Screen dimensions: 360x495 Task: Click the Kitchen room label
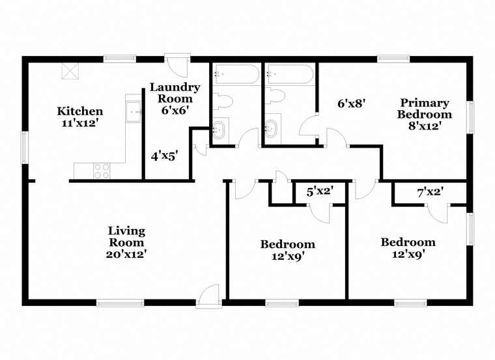coord(79,116)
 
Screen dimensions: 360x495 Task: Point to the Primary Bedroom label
coord(425,114)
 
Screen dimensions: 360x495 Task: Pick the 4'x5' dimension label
coord(164,156)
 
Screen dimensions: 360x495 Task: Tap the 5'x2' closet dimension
coord(320,191)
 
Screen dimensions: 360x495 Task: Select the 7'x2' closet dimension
coord(430,191)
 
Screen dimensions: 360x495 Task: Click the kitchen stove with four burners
coord(102,171)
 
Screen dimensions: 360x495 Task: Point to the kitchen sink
coord(135,112)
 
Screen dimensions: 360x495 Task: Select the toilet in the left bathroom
coord(223,102)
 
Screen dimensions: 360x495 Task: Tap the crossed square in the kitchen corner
coord(69,70)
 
